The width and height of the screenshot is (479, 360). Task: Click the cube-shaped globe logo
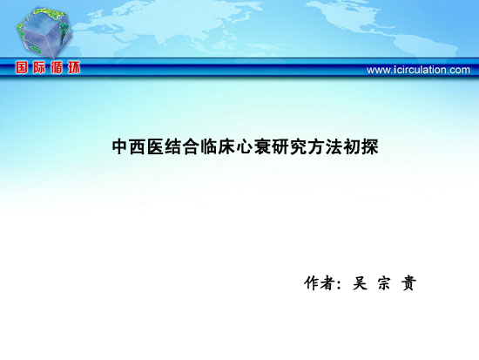coord(44,32)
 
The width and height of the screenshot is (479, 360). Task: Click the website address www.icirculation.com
coord(418,70)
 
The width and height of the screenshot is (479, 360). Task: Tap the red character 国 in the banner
coord(22,67)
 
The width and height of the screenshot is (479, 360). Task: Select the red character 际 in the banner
coord(39,67)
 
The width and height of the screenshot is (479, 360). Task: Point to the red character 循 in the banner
coord(57,67)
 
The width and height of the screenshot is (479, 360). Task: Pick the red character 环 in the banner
coord(74,67)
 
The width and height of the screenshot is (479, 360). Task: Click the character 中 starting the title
coord(120,146)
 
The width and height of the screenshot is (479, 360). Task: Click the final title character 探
coord(369,146)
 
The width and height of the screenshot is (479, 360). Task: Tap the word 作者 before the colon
coord(319,283)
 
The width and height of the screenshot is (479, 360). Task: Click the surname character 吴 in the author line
coord(360,283)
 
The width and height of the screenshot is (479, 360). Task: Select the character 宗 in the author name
coord(384,283)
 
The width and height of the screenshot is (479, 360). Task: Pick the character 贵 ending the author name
coord(408,283)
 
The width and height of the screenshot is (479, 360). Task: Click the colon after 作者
coord(338,284)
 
